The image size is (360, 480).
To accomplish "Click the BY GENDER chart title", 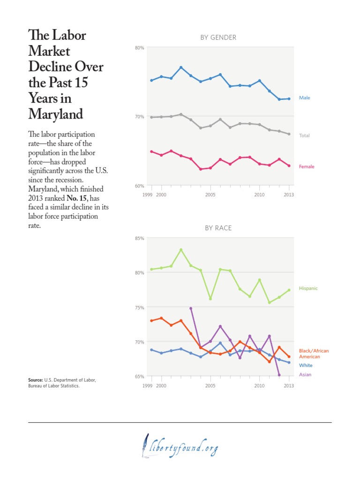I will pyautogui.click(x=218, y=37).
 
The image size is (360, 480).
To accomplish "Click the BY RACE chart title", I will pyautogui.click(x=218, y=228).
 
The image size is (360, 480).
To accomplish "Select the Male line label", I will pyautogui.click(x=305, y=98).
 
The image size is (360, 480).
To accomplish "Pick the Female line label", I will pyautogui.click(x=307, y=166).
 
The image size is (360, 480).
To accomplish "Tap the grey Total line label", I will pyautogui.click(x=305, y=135).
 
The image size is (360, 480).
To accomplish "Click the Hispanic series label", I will pyautogui.click(x=308, y=288).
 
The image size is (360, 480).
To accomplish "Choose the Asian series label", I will pyautogui.click(x=305, y=375).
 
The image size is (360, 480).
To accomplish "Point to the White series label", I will pyautogui.click(x=306, y=365).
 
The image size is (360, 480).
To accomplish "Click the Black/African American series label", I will pyautogui.click(x=314, y=353).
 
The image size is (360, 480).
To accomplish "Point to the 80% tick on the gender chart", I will pyautogui.click(x=139, y=47).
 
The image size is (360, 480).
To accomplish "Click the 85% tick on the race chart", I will pyautogui.click(x=139, y=238).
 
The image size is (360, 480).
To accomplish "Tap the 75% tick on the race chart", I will pyautogui.click(x=139, y=307).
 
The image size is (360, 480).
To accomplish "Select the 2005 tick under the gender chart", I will pyautogui.click(x=210, y=194).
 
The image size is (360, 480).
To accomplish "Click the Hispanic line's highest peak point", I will pyautogui.click(x=181, y=249).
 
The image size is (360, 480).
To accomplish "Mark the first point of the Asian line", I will pyautogui.click(x=191, y=308).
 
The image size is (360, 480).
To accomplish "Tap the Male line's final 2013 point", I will pyautogui.click(x=289, y=99).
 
